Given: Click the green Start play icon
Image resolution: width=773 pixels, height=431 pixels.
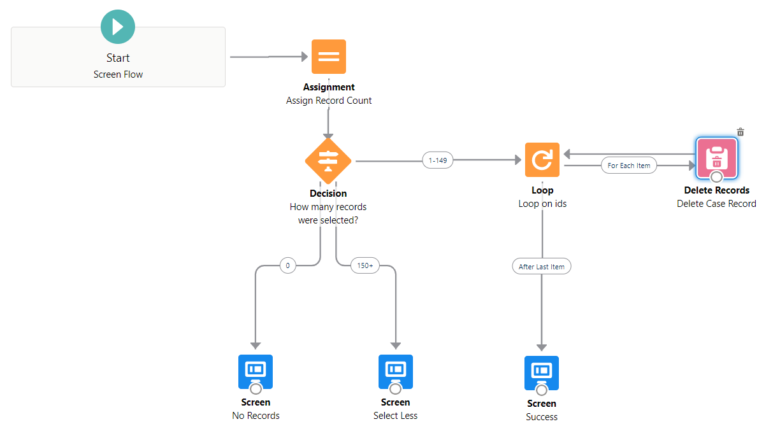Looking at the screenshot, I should pos(118,27).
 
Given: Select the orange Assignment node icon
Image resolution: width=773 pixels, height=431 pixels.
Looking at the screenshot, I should pos(328,57).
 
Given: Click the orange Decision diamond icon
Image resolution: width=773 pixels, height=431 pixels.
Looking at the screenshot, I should pos(328,160).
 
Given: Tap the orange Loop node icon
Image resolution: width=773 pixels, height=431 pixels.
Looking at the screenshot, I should pos(542,160).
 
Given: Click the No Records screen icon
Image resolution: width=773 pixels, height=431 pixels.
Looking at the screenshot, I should pos(256,371).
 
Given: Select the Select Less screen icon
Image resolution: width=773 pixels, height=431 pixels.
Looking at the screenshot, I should pos(395,371).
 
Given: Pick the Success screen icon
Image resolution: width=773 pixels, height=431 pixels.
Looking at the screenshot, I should pos(541,372).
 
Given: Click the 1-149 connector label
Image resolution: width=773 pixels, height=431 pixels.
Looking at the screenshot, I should pos(438,160).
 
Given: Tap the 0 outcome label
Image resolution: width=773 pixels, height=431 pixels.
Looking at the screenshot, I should pos(287,265).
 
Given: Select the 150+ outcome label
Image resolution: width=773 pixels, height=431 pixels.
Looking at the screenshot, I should pos(365,265).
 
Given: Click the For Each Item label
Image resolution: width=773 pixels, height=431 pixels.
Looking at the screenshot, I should pos(629,166).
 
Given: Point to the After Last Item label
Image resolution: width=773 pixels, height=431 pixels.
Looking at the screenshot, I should pos(541,266).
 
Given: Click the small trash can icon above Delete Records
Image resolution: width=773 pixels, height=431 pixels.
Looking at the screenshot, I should pos(740,132).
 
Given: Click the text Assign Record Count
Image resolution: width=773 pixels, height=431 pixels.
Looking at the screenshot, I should pos(329,101).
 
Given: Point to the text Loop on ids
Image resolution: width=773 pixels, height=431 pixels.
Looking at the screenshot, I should pos(542,204).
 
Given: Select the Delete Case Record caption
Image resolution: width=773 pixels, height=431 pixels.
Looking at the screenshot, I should pos(716,204).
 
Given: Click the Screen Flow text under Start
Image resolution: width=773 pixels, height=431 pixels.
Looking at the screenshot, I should pos(118,74).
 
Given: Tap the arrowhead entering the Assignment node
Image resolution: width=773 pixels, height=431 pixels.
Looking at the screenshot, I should pos(303,57).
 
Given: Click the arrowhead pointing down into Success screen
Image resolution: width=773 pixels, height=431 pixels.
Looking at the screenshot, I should pos(541,347).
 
